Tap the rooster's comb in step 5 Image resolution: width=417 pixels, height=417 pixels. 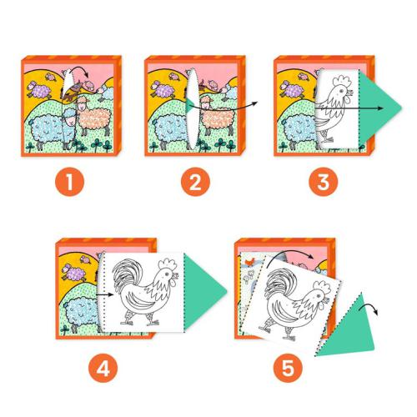point(320,284)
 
